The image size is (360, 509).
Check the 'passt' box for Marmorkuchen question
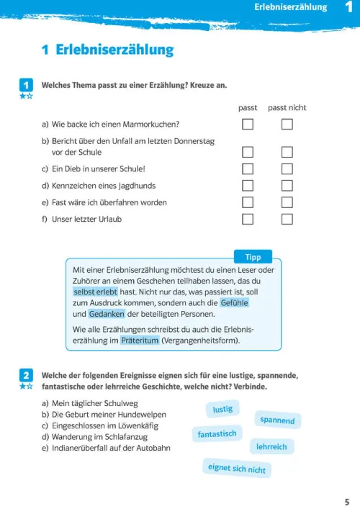[248, 124]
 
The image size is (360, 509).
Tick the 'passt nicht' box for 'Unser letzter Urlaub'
[287, 219]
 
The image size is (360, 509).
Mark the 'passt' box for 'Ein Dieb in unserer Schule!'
[248, 168]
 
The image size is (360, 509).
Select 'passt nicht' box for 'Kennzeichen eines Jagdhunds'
[287, 186]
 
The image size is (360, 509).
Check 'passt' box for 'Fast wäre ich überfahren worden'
[248, 202]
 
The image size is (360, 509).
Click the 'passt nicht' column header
[287, 108]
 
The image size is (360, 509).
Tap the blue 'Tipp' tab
[253, 257]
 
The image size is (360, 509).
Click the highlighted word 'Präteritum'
[140, 341]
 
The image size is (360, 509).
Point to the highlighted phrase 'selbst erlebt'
[95, 292]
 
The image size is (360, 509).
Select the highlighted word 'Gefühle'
[235, 303]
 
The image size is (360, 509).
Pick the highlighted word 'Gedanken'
[107, 314]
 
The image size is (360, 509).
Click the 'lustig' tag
[222, 409]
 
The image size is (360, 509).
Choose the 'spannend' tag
[277, 420]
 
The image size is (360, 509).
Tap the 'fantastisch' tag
[217, 433]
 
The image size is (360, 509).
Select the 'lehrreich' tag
[271, 446]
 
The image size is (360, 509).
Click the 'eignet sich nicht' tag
[237, 469]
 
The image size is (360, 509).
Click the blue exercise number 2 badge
[26, 376]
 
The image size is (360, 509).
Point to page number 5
[347, 502]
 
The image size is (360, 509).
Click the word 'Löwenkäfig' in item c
[138, 425]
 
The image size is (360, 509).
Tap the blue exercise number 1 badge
[26, 86]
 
